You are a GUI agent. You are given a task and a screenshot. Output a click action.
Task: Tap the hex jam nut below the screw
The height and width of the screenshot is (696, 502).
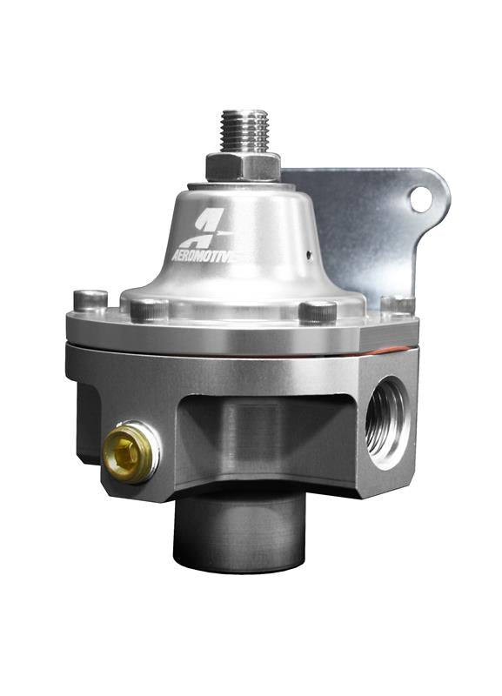(x=243, y=165)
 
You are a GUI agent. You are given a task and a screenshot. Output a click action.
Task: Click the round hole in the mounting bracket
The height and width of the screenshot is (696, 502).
(x=421, y=199)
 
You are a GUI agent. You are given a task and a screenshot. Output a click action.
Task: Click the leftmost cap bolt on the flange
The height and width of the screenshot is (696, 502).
(x=90, y=299)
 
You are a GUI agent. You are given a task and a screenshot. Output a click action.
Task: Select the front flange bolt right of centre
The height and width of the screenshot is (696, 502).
(x=317, y=311)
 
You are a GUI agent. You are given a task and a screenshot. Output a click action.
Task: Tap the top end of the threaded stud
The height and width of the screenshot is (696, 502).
(x=243, y=116)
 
